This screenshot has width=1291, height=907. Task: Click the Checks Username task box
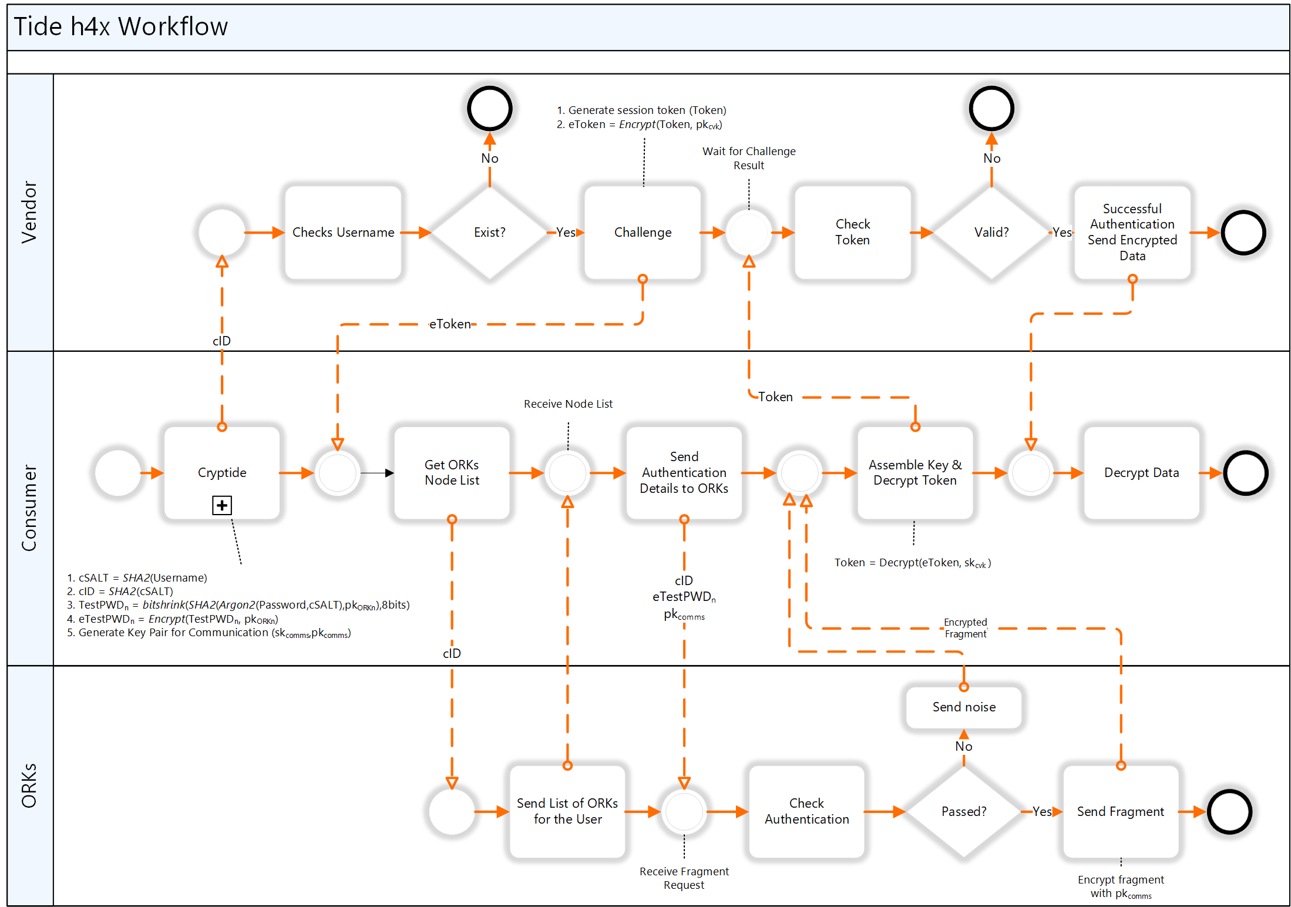(x=343, y=233)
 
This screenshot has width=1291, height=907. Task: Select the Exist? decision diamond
(x=489, y=233)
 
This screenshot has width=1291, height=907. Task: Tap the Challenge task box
(x=643, y=233)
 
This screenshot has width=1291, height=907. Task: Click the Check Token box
(x=852, y=233)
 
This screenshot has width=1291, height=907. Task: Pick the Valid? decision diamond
(x=991, y=233)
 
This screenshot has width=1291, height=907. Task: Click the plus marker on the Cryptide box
(x=222, y=505)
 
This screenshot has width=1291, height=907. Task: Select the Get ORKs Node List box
(x=452, y=473)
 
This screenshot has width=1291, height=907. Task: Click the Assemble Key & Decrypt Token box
(x=915, y=473)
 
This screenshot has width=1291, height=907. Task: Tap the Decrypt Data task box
(x=1141, y=473)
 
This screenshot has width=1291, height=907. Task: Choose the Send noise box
(x=964, y=707)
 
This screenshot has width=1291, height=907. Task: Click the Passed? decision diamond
(x=964, y=812)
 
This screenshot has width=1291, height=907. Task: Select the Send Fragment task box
(x=1121, y=812)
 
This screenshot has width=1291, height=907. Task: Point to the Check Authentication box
(x=806, y=812)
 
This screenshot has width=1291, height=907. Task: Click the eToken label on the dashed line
(x=450, y=324)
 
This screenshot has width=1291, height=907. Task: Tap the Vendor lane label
(x=29, y=212)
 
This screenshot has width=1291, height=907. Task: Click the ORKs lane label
(x=29, y=785)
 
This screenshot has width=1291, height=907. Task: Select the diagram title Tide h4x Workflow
(x=121, y=27)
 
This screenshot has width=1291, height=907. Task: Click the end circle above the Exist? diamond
(x=489, y=109)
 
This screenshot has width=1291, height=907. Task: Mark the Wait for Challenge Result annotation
(x=749, y=158)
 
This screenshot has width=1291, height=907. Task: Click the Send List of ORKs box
(x=567, y=812)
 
